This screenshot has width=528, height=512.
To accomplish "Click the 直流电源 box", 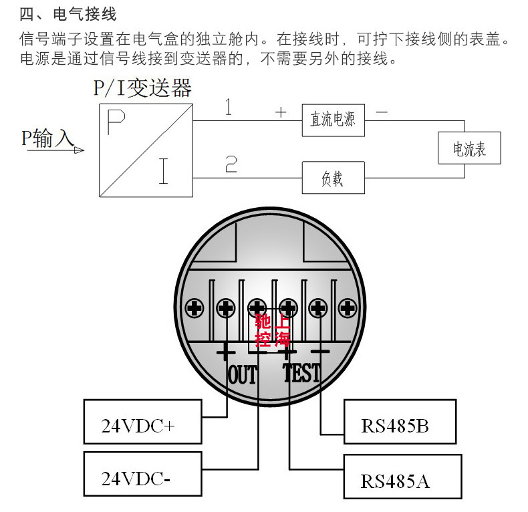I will tap(333, 120).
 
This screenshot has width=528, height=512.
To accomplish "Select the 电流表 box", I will tap(469, 148).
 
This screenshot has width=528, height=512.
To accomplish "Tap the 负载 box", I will tap(333, 178).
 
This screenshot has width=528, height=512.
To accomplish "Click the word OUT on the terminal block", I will tap(243, 374).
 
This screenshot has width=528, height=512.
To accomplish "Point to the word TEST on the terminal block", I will tap(301, 373).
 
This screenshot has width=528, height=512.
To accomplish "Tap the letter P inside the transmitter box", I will tap(116, 123).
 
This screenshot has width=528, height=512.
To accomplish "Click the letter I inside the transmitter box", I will tap(163, 170).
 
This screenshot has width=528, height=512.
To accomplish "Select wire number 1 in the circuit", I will tap(229, 107).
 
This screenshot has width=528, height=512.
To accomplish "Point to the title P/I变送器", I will tap(143, 88).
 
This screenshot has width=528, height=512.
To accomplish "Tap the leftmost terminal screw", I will tap(195, 308).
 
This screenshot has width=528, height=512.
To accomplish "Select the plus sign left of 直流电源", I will tap(281, 112).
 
